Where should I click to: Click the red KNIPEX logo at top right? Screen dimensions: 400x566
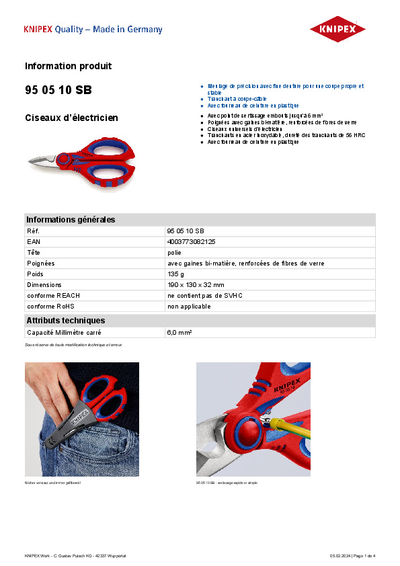[x=337, y=29]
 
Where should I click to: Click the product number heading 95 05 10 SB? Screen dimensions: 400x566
[x=58, y=90]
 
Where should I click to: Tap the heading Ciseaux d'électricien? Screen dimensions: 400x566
[x=71, y=118]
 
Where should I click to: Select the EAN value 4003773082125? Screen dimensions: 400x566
[x=191, y=241]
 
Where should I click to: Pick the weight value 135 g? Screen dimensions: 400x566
[x=175, y=274]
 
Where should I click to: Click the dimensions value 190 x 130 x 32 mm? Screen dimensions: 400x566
[x=196, y=285]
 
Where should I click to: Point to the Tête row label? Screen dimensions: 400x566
[x=34, y=252]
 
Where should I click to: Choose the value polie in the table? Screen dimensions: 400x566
[x=173, y=252]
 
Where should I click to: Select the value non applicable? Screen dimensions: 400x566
[x=189, y=307]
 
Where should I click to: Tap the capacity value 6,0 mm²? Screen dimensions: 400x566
[x=179, y=333]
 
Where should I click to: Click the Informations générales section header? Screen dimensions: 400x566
[x=71, y=220]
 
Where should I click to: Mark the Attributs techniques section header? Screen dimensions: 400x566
[x=66, y=321]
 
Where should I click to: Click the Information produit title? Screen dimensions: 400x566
[x=68, y=66]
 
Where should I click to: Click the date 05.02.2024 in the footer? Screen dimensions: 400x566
[x=341, y=556]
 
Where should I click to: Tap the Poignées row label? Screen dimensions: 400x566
[x=40, y=264]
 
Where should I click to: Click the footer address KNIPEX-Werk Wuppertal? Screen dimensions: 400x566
[x=75, y=556]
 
